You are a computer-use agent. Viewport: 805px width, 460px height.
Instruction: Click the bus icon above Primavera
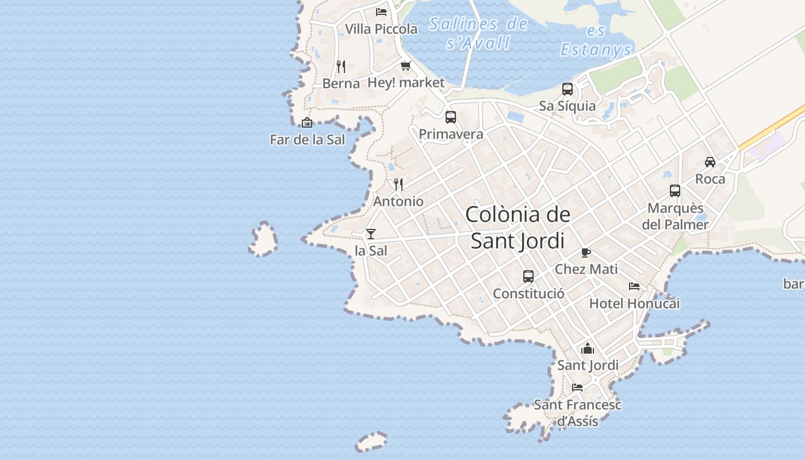pos(451,117)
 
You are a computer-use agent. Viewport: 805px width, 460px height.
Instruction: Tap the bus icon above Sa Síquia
pos(568,89)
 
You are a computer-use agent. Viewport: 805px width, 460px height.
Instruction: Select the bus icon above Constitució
pos(528,277)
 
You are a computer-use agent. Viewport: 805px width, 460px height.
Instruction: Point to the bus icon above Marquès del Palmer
pos(675,191)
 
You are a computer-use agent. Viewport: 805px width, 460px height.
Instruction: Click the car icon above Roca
pos(710,162)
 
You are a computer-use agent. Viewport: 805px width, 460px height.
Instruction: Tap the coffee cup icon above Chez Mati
pos(586,252)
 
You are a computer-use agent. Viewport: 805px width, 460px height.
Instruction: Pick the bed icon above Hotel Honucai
pos(634,286)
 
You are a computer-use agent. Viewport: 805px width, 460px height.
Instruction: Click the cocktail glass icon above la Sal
pos(371,233)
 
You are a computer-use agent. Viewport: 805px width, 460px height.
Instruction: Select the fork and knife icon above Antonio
pos(398,184)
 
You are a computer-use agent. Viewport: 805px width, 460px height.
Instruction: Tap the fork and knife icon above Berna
pos(341,66)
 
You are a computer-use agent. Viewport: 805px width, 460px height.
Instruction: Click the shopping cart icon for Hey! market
pos(406,66)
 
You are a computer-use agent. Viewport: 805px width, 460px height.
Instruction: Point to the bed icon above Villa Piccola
pos(381,11)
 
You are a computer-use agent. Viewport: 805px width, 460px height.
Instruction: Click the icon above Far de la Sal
pos(307,122)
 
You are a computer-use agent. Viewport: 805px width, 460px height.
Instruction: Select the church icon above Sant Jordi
pos(588,348)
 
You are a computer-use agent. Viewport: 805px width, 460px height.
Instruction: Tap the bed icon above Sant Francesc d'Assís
pos(577,388)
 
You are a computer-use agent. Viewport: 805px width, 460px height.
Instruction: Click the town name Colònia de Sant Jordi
pos(517,228)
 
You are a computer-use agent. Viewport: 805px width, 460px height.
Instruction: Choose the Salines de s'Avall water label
pos(478,33)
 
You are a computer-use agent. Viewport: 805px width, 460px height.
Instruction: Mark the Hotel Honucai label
pos(634,304)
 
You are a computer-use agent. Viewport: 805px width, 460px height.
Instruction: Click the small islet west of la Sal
pos(264,239)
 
